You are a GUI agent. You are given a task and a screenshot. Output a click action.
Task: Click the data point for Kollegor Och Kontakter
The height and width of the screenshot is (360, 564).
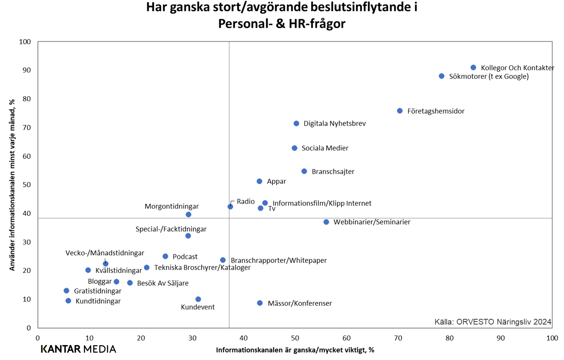click(473, 68)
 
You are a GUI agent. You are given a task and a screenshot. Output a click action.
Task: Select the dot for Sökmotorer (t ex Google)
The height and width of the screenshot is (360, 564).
click(441, 76)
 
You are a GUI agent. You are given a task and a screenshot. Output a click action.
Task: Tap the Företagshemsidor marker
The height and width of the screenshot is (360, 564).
click(400, 111)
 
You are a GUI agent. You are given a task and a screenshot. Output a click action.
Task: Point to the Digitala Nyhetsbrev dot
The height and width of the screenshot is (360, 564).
click(296, 123)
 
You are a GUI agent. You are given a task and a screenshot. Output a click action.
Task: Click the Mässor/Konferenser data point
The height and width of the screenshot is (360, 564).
click(260, 303)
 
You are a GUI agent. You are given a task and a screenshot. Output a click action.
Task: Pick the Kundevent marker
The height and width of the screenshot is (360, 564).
click(198, 299)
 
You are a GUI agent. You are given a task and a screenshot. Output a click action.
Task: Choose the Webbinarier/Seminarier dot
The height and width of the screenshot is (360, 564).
click(326, 222)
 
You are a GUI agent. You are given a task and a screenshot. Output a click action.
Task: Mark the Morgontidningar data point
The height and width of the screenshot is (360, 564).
click(188, 214)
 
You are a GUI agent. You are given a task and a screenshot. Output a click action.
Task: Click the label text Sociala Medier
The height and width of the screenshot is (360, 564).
click(325, 148)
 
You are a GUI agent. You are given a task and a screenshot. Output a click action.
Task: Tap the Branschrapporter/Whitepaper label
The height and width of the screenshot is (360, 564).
click(279, 260)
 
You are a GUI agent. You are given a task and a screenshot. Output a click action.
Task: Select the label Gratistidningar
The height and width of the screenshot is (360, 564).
click(97, 291)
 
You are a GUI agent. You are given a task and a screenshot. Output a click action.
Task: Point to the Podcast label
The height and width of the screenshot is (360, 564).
click(185, 257)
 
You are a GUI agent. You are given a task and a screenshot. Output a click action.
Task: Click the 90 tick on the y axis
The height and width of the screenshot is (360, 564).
click(26, 70)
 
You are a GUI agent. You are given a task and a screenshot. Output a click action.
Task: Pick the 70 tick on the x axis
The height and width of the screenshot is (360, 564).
click(398, 338)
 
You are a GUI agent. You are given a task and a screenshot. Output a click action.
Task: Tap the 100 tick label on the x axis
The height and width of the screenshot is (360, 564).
click(552, 338)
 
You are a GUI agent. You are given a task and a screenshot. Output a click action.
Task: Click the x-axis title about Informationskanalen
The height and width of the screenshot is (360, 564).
click(295, 350)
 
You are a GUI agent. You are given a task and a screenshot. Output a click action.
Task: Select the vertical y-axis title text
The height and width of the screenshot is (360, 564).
click(12, 185)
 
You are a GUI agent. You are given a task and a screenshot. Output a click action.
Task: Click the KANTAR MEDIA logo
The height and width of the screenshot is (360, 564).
click(79, 349)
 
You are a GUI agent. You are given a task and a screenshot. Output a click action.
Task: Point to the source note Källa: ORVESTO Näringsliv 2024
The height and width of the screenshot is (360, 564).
click(493, 322)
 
